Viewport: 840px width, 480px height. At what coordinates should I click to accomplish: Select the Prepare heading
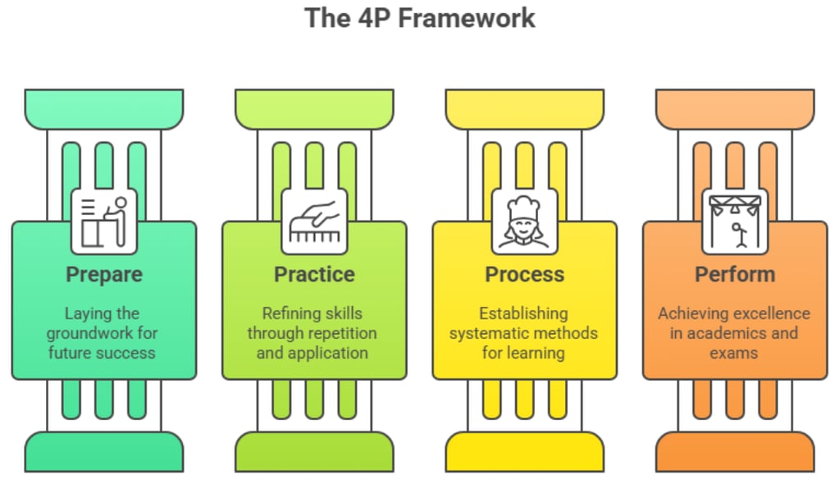[x=104, y=274]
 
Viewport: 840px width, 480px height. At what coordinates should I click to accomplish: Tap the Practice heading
[x=314, y=274]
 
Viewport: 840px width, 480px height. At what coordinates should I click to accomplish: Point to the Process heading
[x=524, y=274]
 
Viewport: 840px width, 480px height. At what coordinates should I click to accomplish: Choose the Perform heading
[x=734, y=274]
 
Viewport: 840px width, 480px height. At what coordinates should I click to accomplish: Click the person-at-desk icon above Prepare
[x=104, y=222]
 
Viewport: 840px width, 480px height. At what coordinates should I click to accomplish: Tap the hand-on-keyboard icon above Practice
[x=314, y=222]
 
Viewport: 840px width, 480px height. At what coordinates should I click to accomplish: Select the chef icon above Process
[x=524, y=222]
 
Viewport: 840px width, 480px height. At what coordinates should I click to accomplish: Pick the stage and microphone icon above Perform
[x=734, y=222]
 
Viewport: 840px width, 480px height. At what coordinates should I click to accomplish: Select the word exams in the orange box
[x=734, y=354]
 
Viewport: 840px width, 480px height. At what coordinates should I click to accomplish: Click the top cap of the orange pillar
[x=734, y=107]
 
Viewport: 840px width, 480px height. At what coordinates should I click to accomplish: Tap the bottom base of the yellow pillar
[x=524, y=452]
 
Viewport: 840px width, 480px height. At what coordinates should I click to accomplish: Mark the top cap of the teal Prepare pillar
[x=104, y=107]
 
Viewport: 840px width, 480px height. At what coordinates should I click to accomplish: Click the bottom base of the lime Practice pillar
[x=314, y=452]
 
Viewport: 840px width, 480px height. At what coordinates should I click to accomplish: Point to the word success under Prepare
[x=125, y=354]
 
